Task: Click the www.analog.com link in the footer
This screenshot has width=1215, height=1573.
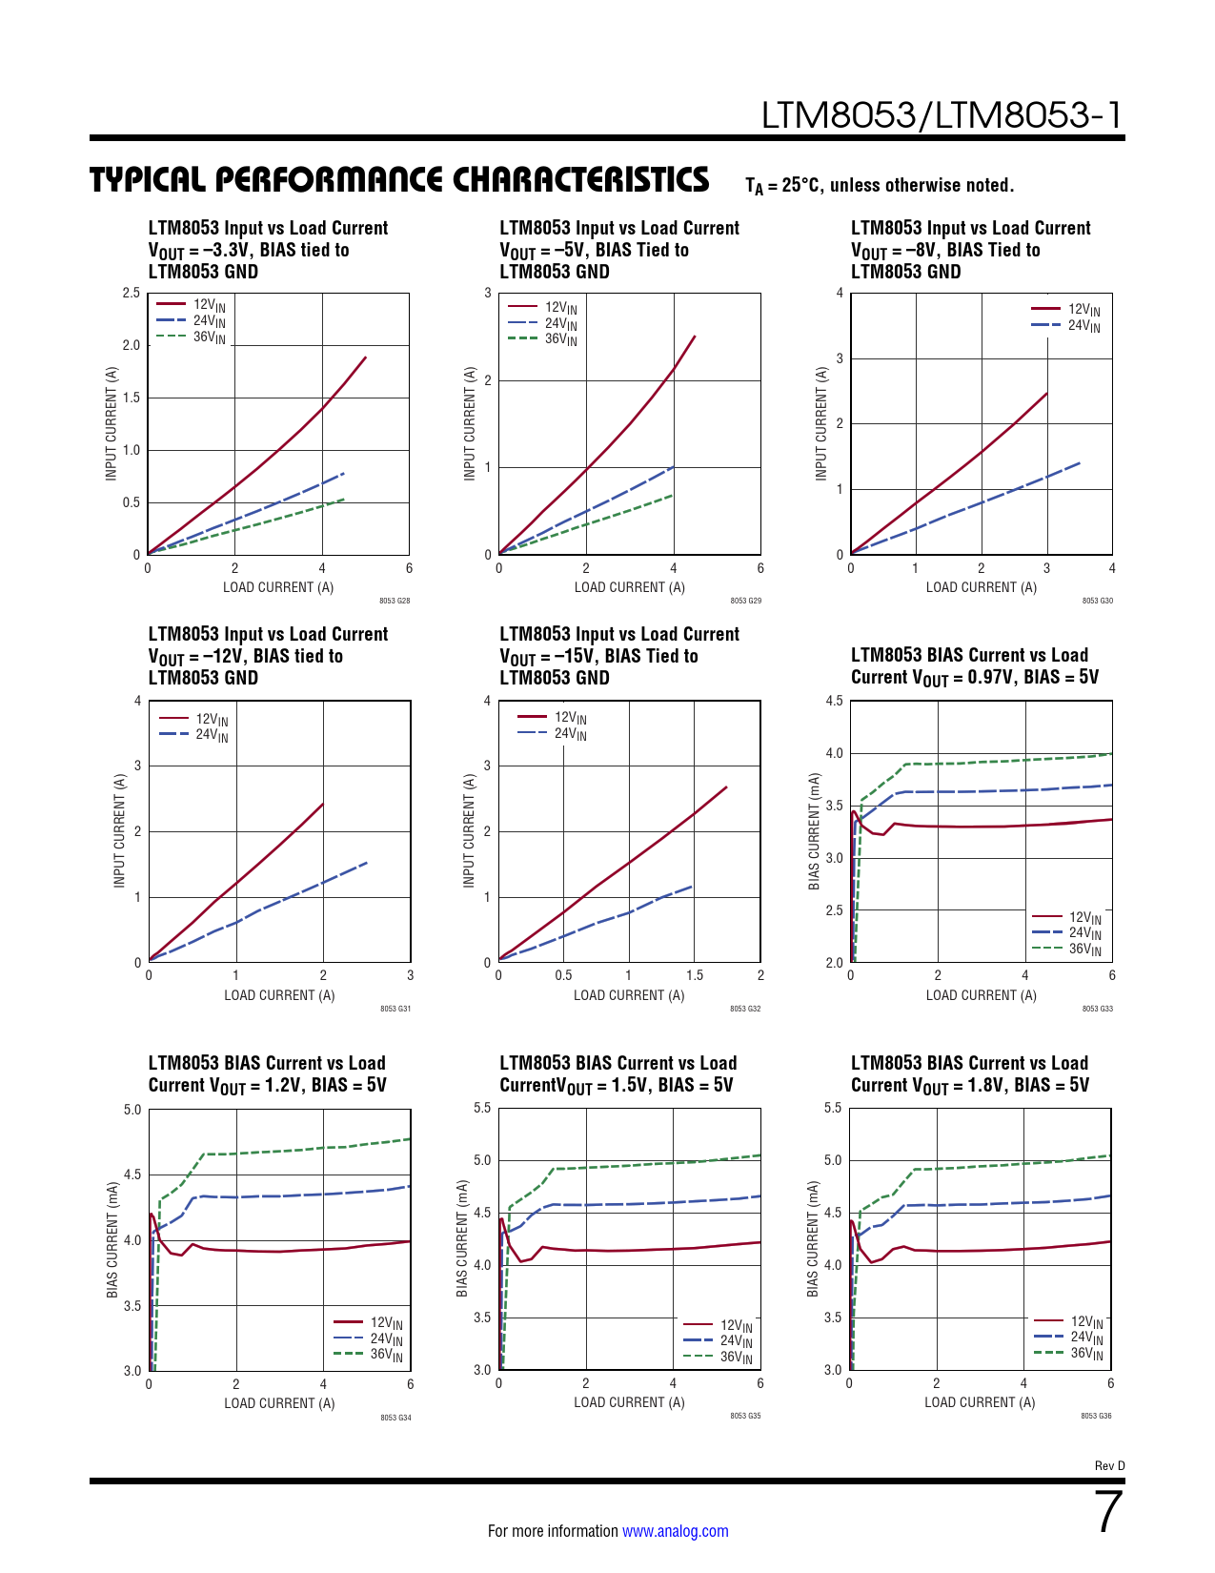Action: (x=675, y=1531)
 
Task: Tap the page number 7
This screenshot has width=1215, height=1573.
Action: (x=1108, y=1512)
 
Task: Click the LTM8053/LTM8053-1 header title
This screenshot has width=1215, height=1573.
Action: (x=942, y=115)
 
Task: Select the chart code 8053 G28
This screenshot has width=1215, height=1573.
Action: (x=395, y=601)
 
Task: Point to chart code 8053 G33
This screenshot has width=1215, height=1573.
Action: (x=1097, y=1009)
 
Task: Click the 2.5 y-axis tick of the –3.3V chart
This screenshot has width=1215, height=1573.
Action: (x=132, y=293)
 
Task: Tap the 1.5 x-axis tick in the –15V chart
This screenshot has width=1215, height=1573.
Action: (x=695, y=975)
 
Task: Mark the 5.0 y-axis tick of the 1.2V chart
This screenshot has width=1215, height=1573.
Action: (x=132, y=1110)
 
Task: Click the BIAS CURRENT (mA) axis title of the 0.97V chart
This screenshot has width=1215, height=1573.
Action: (x=814, y=831)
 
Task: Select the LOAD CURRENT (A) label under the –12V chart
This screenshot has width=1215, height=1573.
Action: (x=279, y=995)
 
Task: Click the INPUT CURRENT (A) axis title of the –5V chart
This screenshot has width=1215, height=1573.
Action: (x=469, y=423)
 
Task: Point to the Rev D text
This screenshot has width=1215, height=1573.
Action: (x=1109, y=1466)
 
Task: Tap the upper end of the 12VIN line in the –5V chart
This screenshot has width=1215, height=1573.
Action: (x=695, y=337)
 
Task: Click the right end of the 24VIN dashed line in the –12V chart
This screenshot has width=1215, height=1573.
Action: (x=367, y=863)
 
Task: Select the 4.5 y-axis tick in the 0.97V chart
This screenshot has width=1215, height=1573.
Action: (x=834, y=702)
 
